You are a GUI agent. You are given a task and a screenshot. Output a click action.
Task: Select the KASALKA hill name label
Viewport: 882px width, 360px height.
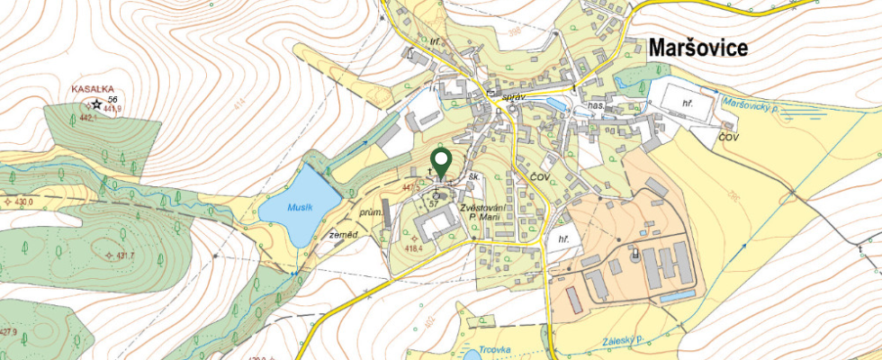coord(93,89)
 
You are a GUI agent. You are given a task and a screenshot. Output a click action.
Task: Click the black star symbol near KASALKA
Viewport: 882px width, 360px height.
coord(96,104)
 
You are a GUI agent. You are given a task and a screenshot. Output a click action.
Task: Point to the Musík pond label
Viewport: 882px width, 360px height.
coord(300,207)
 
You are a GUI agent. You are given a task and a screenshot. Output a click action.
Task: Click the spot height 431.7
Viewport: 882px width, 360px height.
coord(121,256)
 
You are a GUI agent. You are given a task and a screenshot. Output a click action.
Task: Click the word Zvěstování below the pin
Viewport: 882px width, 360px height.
coord(481,208)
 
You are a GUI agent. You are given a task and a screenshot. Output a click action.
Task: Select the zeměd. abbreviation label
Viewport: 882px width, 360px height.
coord(342,234)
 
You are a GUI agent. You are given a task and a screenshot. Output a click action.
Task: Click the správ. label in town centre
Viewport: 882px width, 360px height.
coord(513,94)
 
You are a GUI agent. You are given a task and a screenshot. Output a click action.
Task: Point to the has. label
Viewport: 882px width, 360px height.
coord(594,105)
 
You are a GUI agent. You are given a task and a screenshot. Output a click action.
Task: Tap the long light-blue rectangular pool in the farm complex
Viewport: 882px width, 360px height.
coord(677,294)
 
